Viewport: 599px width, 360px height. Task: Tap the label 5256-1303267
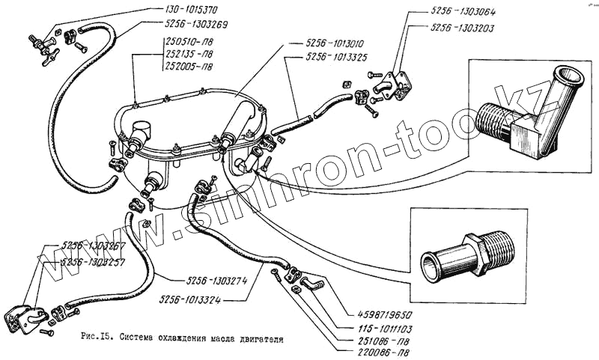click(x=94, y=245)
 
